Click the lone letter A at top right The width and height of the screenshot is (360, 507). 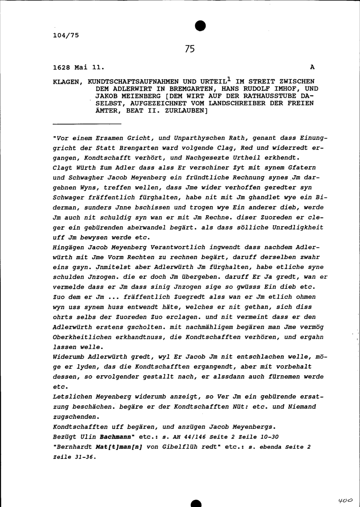click(312, 67)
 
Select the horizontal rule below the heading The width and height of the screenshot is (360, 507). click(86, 124)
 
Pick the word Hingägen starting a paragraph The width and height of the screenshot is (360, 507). click(68, 247)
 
